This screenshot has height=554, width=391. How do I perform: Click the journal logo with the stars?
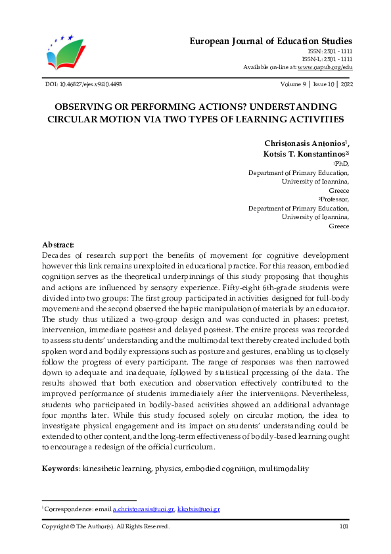point(66,53)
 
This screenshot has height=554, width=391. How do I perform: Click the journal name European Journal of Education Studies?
point(271,41)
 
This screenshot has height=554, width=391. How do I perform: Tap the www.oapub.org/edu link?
point(325,67)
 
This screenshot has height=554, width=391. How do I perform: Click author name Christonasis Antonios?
point(305,143)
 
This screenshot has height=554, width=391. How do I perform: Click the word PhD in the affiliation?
point(342,163)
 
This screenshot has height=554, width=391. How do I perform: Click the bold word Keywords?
point(60,468)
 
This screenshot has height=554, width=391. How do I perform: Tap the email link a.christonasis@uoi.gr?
point(143,509)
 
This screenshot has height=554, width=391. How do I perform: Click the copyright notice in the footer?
point(105,526)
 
